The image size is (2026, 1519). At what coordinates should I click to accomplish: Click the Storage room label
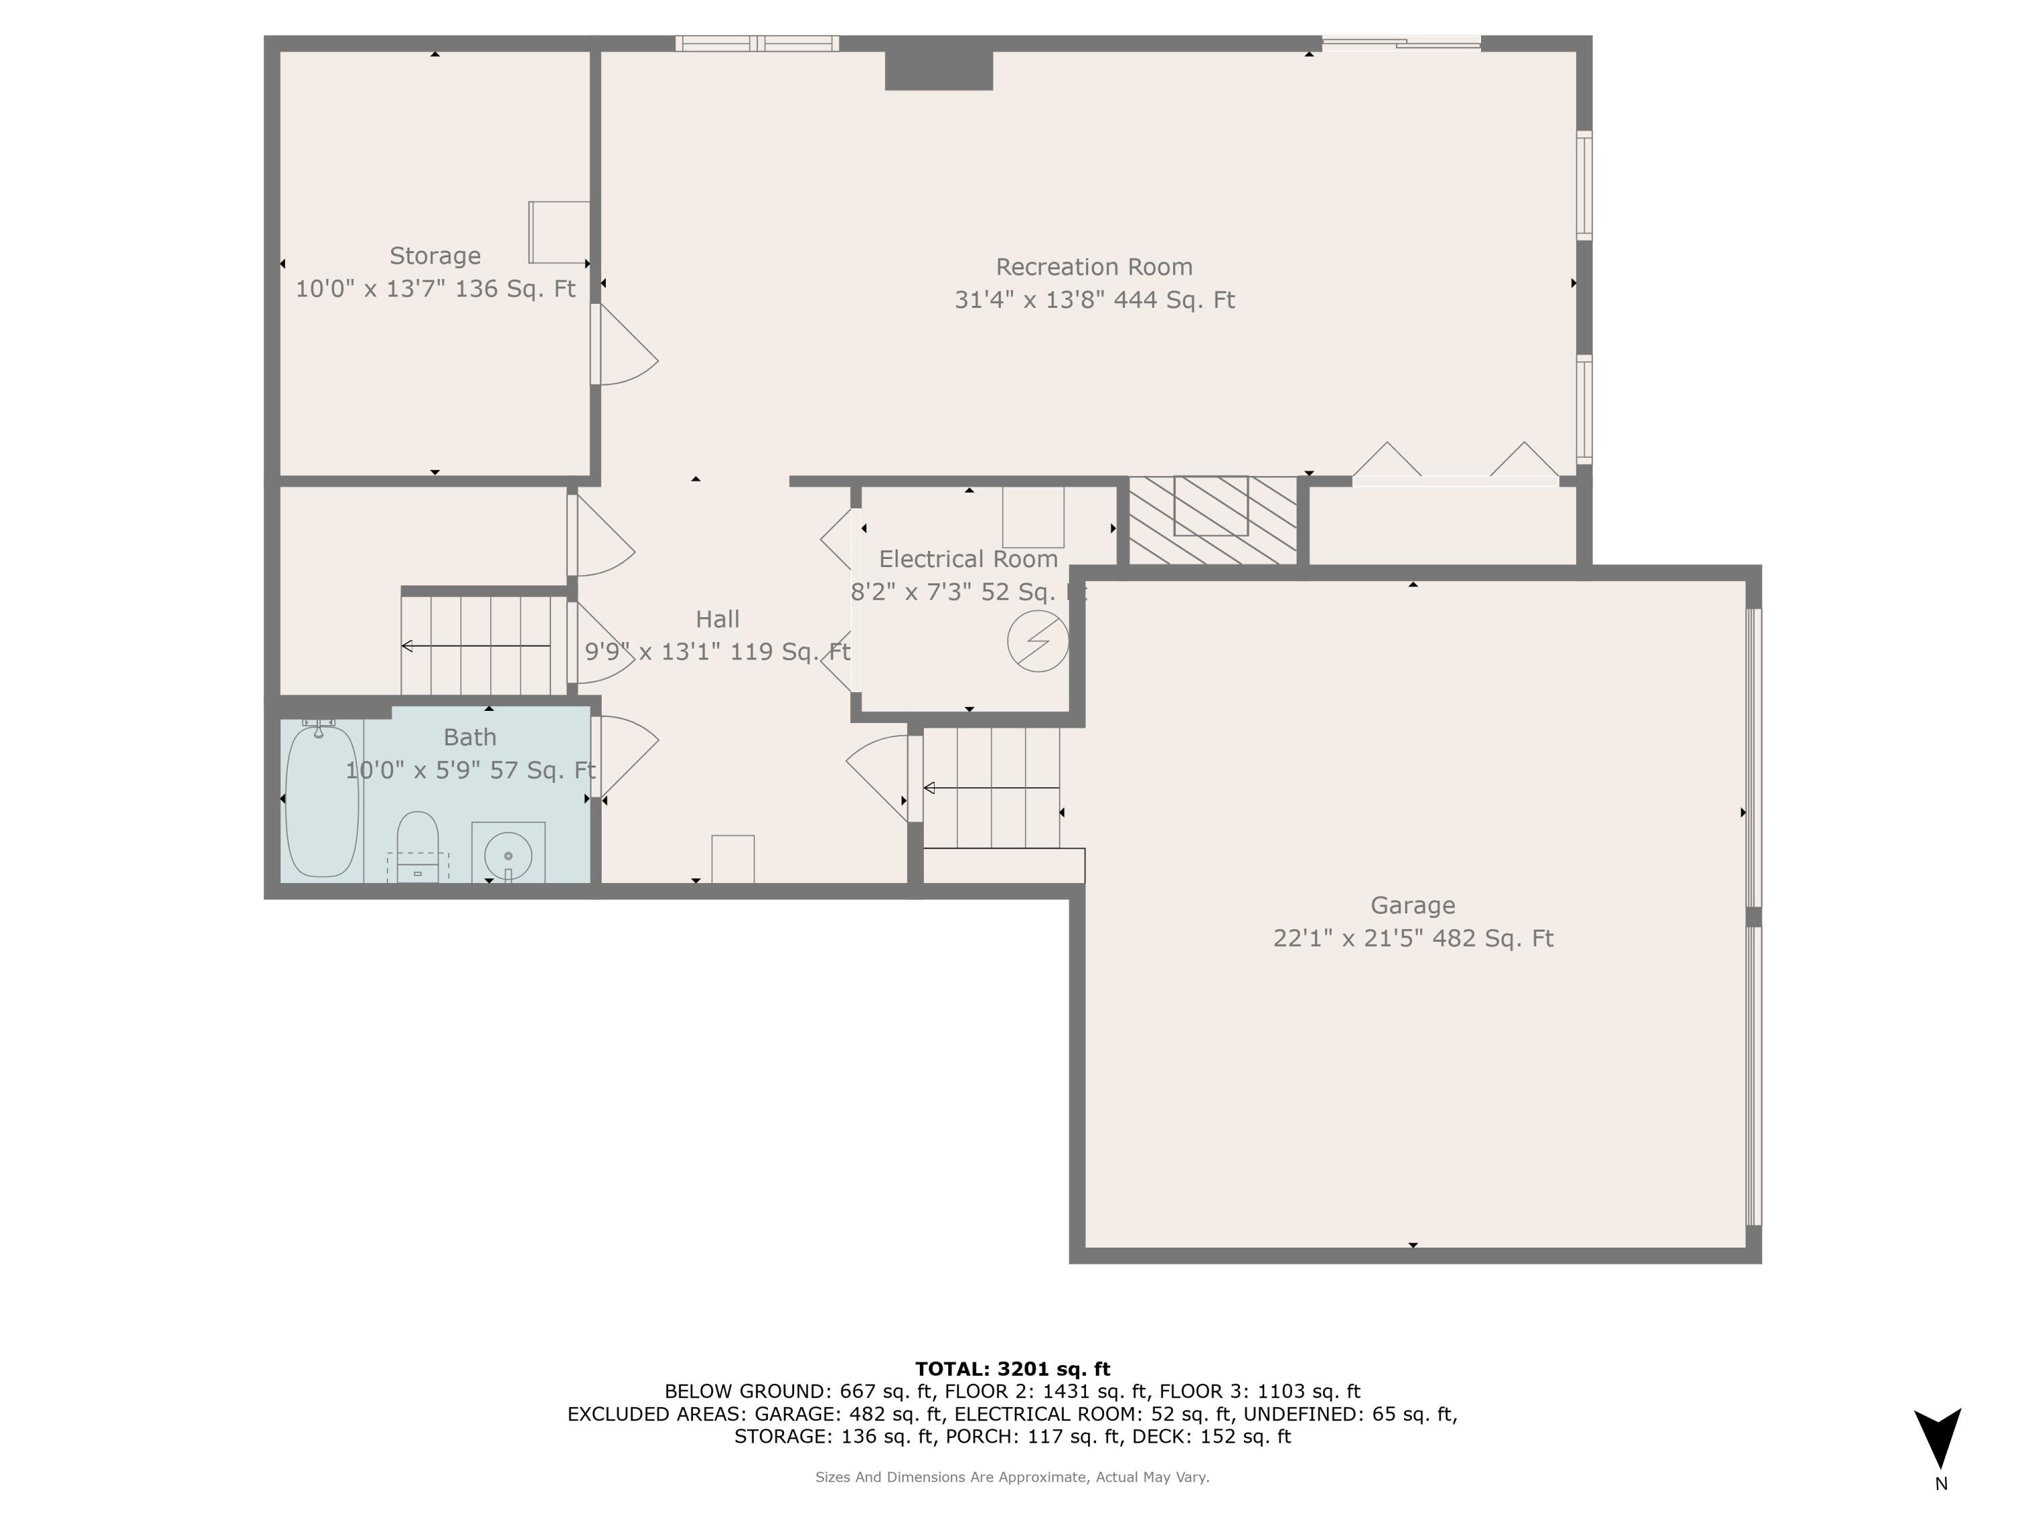434,255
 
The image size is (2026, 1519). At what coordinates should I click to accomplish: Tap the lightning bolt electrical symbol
1038,641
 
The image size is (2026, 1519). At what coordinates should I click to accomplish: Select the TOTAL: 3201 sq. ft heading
1012,1369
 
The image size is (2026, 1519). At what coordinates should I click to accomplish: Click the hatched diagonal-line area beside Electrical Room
1212,520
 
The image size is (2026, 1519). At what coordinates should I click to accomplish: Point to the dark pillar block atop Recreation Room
939,70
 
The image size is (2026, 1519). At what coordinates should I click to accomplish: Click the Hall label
717,620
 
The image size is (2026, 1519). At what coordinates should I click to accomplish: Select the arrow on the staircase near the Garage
990,789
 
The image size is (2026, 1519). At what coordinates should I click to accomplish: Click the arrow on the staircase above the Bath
475,647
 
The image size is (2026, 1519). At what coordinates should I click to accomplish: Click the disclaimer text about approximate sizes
1012,1477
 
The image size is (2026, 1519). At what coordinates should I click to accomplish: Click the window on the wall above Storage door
758,43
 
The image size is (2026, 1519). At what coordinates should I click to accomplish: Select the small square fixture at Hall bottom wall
733,859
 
